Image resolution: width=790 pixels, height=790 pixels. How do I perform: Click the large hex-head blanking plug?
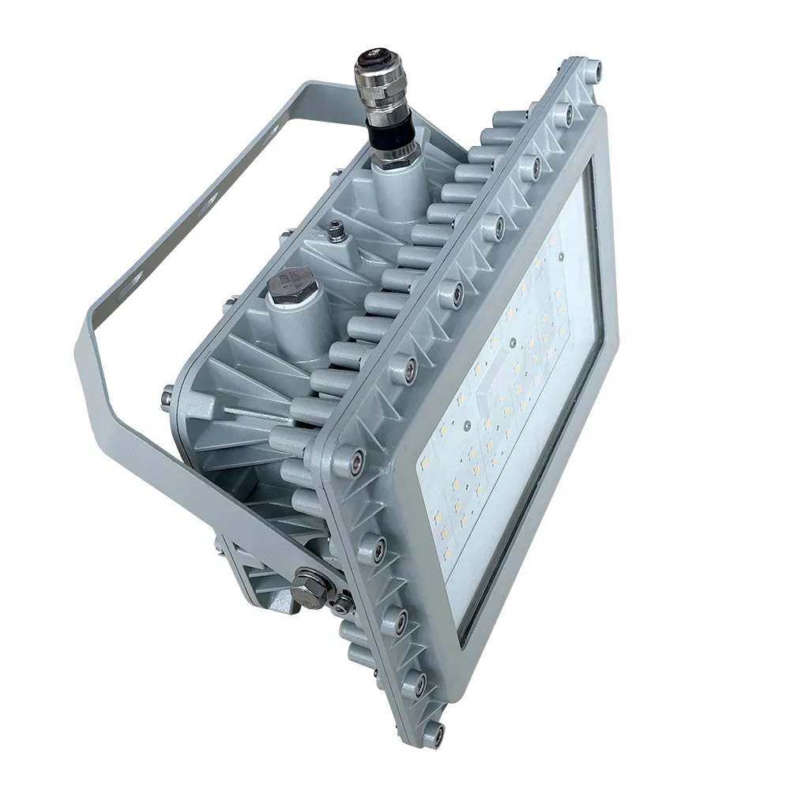coord(288,288)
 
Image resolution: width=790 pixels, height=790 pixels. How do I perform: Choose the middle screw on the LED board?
coord(513,344)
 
